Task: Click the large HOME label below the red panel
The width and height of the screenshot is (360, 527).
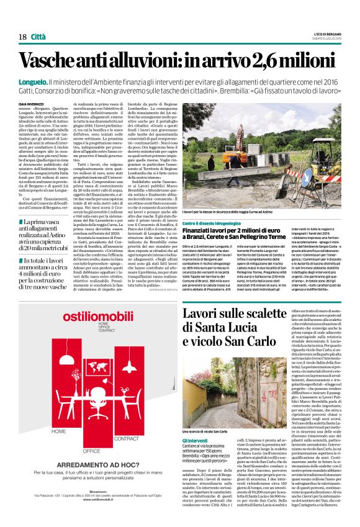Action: coord(59,431)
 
